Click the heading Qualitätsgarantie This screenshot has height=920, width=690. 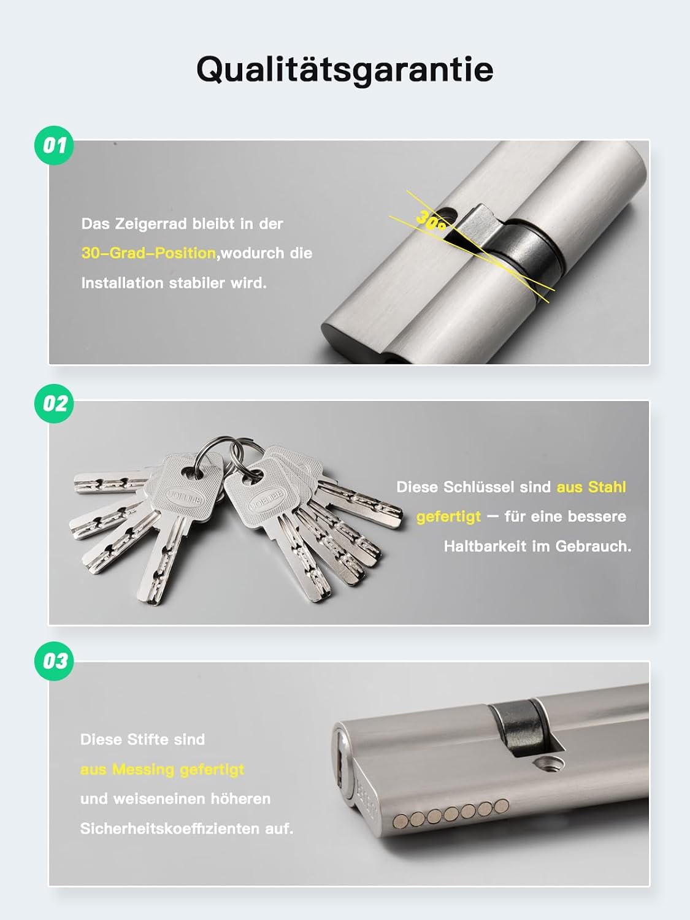point(345,69)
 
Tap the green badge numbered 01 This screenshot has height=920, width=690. point(54,145)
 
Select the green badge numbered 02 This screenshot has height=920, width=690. point(54,404)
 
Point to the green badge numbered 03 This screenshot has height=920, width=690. point(54,661)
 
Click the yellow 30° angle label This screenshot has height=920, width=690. point(431,220)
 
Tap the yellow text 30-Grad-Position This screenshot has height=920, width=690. point(148,253)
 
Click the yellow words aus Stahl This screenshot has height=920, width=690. point(591,487)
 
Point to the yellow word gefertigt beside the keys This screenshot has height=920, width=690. point(448,517)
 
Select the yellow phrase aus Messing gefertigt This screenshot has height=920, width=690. point(162,770)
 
